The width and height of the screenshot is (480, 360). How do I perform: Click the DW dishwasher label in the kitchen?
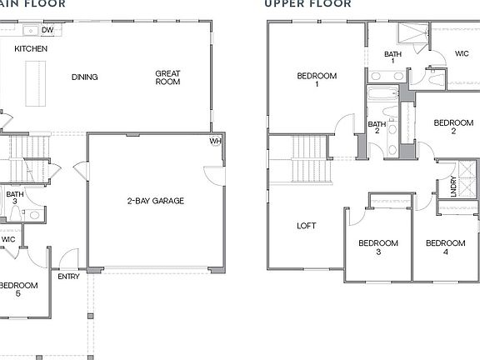point(47,30)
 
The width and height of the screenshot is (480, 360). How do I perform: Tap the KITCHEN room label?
point(31,49)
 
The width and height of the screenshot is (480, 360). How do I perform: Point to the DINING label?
point(84,77)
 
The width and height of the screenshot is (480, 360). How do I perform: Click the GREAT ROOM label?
point(167,77)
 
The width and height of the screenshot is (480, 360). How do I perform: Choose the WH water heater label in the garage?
point(216,141)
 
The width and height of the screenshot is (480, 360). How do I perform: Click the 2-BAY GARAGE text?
point(155,201)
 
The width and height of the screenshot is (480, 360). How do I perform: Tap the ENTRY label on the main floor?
point(68,277)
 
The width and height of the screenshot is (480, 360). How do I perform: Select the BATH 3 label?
point(15,198)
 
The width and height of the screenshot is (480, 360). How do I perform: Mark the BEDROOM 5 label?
point(18,289)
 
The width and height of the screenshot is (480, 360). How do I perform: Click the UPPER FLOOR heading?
point(307,3)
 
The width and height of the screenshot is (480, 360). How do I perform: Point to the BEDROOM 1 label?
point(317,80)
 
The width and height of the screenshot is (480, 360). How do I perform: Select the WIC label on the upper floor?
point(462,54)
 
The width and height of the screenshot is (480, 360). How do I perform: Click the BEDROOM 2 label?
point(453,127)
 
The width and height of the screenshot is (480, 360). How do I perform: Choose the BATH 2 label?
point(377,127)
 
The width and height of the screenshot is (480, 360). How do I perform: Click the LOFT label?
point(307,226)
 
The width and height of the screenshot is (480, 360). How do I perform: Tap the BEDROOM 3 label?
point(377,247)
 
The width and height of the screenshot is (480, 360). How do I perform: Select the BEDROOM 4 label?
point(445,247)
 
